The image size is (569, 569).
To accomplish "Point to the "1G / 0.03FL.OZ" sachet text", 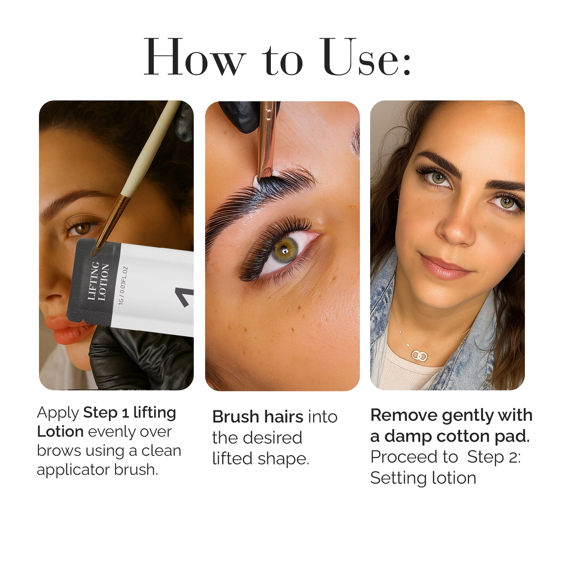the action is (123, 285).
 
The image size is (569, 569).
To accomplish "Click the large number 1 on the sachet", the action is (185, 297).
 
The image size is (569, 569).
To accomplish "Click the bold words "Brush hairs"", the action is (258, 417).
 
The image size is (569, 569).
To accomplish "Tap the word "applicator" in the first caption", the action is (73, 470).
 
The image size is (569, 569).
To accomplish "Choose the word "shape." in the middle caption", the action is (284, 459).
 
